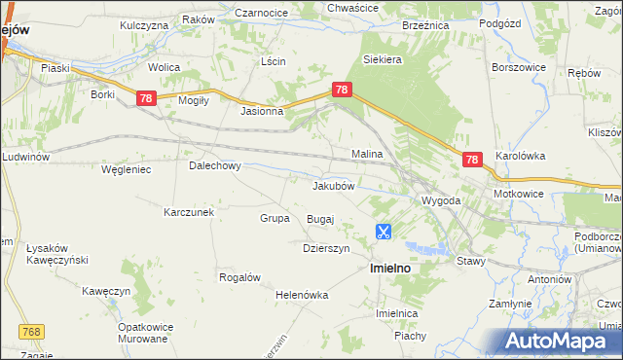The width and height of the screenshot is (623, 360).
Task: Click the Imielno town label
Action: pos(389,267)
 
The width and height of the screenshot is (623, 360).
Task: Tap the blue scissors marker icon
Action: pos(384,232)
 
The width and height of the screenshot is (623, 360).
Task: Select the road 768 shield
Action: pos(31,333)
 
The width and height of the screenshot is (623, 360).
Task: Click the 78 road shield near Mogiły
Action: pos(146,98)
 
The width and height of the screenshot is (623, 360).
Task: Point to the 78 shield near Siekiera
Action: pos(341,90)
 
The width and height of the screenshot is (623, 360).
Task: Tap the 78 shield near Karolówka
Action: pos(472,160)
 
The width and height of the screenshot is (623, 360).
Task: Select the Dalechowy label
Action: pos(214,166)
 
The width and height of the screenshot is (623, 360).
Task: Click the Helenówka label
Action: pos(302,295)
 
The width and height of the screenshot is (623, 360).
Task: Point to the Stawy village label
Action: pos(470,261)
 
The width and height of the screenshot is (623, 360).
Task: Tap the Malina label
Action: pos(366,154)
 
